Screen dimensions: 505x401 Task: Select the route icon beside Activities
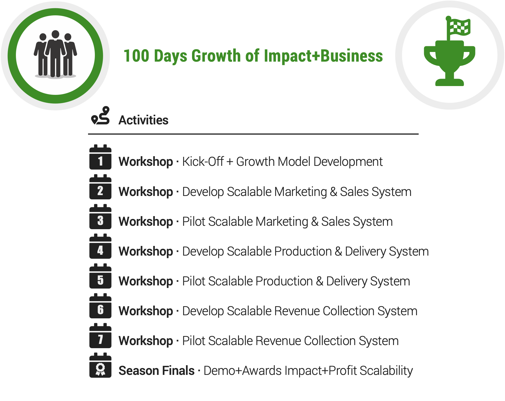pyautogui.click(x=101, y=116)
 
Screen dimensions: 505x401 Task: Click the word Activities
pyautogui.click(x=143, y=120)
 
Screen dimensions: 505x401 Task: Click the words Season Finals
pyautogui.click(x=156, y=371)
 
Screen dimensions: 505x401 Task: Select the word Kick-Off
pyautogui.click(x=203, y=162)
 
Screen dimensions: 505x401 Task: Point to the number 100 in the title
pyautogui.click(x=136, y=56)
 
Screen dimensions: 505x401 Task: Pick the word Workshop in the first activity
pyautogui.click(x=146, y=162)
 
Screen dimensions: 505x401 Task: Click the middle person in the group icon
pyautogui.click(x=56, y=53)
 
